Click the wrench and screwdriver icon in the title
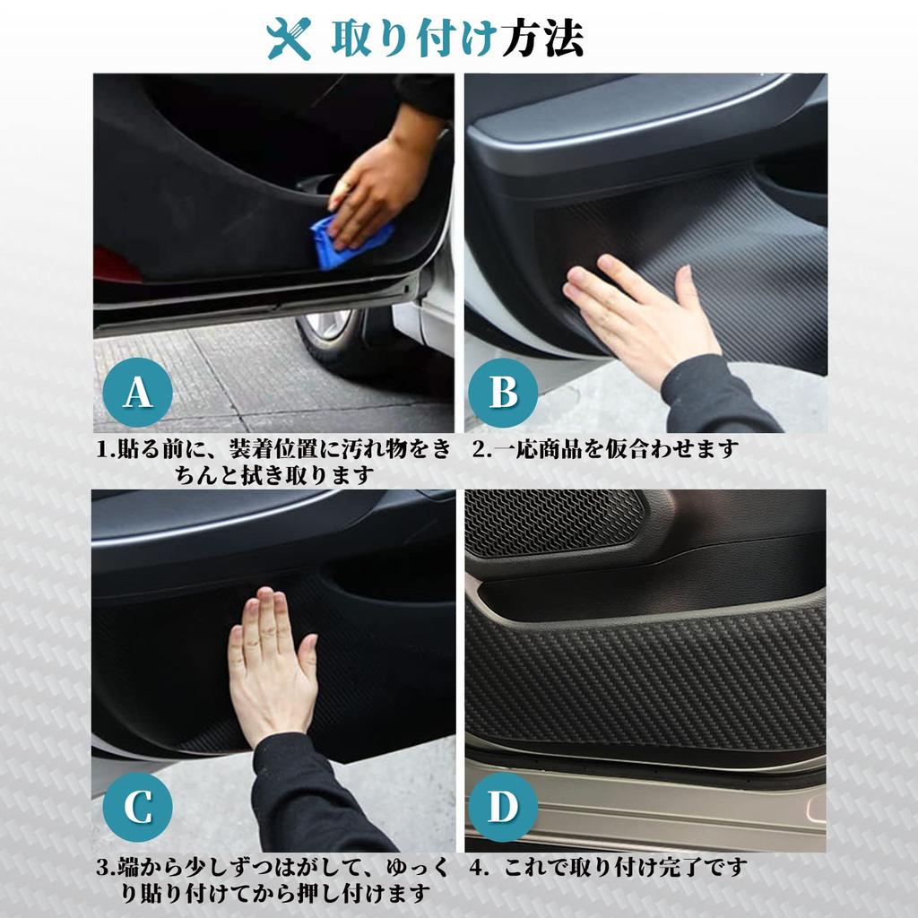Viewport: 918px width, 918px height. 290,38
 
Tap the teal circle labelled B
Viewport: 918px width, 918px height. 503,392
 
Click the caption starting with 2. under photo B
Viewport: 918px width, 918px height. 605,449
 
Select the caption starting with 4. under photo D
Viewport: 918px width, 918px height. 610,867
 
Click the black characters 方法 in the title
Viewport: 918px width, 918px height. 545,38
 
